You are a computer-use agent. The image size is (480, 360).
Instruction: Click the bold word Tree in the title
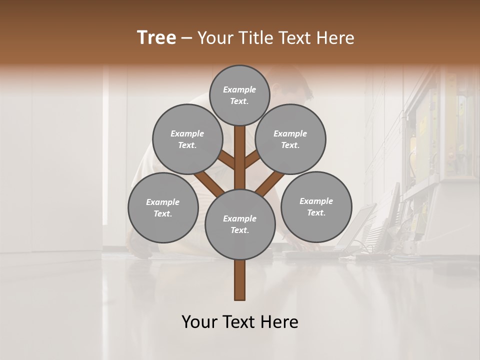(x=156, y=38)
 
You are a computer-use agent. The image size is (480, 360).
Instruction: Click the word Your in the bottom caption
(x=199, y=322)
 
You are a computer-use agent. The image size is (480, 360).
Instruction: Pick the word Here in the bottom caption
(x=280, y=322)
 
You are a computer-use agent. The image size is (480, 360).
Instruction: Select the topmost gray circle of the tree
(x=239, y=95)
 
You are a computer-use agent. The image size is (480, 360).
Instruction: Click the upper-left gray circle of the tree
(x=187, y=139)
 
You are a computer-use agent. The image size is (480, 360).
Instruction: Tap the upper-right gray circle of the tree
(x=290, y=139)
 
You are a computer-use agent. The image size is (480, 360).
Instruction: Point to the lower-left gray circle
(x=163, y=207)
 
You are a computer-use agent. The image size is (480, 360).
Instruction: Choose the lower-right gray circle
(x=316, y=206)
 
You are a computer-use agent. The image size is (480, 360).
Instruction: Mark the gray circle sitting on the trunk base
(x=240, y=224)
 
